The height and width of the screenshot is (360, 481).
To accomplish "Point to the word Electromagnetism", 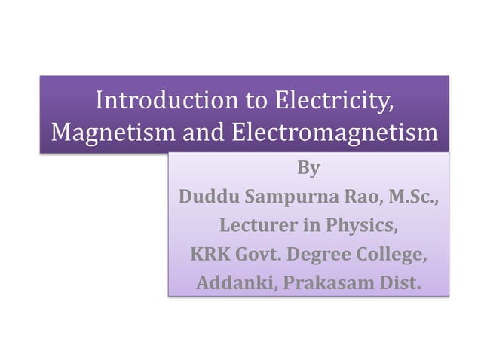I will [334, 133].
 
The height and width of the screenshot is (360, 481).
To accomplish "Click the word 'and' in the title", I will [203, 133].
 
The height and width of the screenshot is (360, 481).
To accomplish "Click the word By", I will [308, 168].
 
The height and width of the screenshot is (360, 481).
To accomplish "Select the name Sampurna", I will [285, 197].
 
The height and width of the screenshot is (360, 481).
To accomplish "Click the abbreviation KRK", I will [206, 255].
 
